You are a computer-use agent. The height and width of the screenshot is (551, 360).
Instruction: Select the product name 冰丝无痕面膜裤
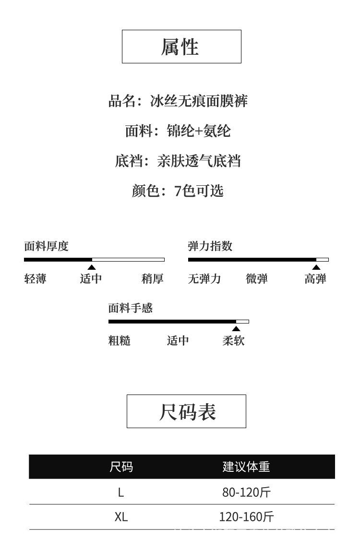(199, 101)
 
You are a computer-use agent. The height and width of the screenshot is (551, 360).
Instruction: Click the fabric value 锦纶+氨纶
(199, 131)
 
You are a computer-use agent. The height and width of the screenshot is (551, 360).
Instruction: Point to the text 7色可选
(199, 191)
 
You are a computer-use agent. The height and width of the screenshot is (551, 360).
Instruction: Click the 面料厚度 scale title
(46, 246)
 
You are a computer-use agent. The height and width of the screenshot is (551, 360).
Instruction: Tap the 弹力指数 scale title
(210, 246)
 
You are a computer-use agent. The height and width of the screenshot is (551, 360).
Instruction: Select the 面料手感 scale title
(131, 308)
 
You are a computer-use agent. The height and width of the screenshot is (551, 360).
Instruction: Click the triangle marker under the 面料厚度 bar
(92, 267)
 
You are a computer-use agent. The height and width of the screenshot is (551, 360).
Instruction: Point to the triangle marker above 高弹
(316, 267)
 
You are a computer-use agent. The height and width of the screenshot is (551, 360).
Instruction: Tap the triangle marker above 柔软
(236, 329)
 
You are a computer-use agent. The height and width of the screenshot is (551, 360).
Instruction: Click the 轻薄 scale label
(35, 279)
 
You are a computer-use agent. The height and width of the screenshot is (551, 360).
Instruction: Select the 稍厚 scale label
(153, 279)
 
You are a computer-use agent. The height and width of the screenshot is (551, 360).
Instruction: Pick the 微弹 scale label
(257, 279)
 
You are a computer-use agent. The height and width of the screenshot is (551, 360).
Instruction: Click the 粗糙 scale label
(120, 340)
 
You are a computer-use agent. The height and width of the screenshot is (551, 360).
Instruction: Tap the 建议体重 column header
(246, 467)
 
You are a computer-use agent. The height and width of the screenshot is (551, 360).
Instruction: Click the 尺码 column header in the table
(121, 467)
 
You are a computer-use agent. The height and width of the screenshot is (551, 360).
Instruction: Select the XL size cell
(121, 517)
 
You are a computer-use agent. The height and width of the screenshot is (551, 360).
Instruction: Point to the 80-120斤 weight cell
(246, 492)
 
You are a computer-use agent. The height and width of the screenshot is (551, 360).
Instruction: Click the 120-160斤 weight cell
(246, 517)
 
